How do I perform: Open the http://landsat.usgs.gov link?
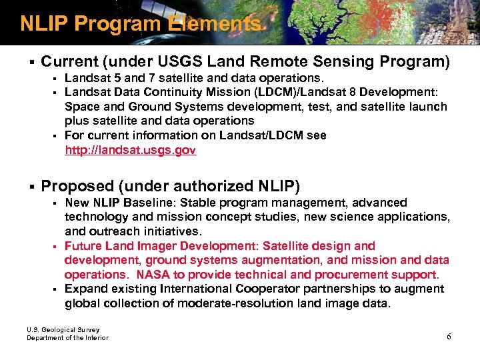130,151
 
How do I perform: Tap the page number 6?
449,336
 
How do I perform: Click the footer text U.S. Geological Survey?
63,329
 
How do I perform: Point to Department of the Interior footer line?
67,338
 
